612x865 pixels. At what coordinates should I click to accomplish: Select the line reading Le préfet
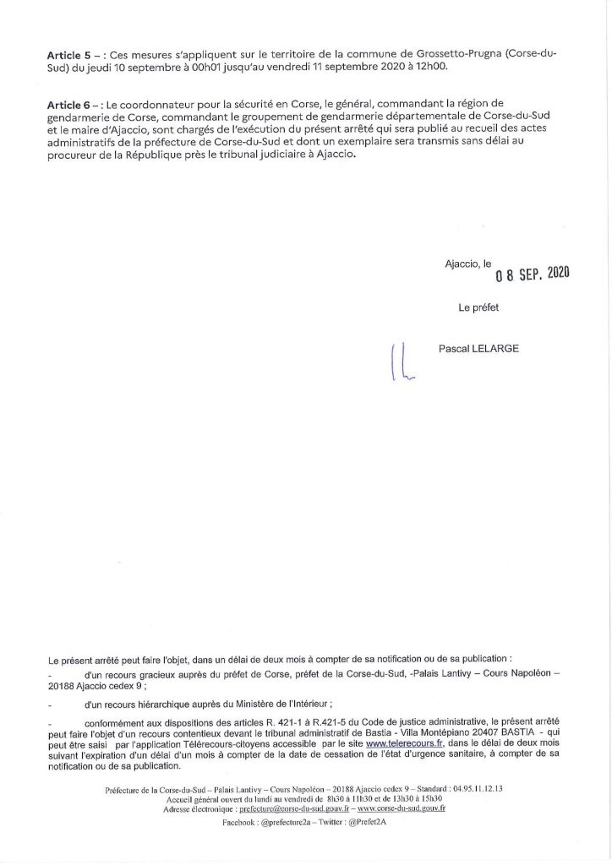tap(478, 307)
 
